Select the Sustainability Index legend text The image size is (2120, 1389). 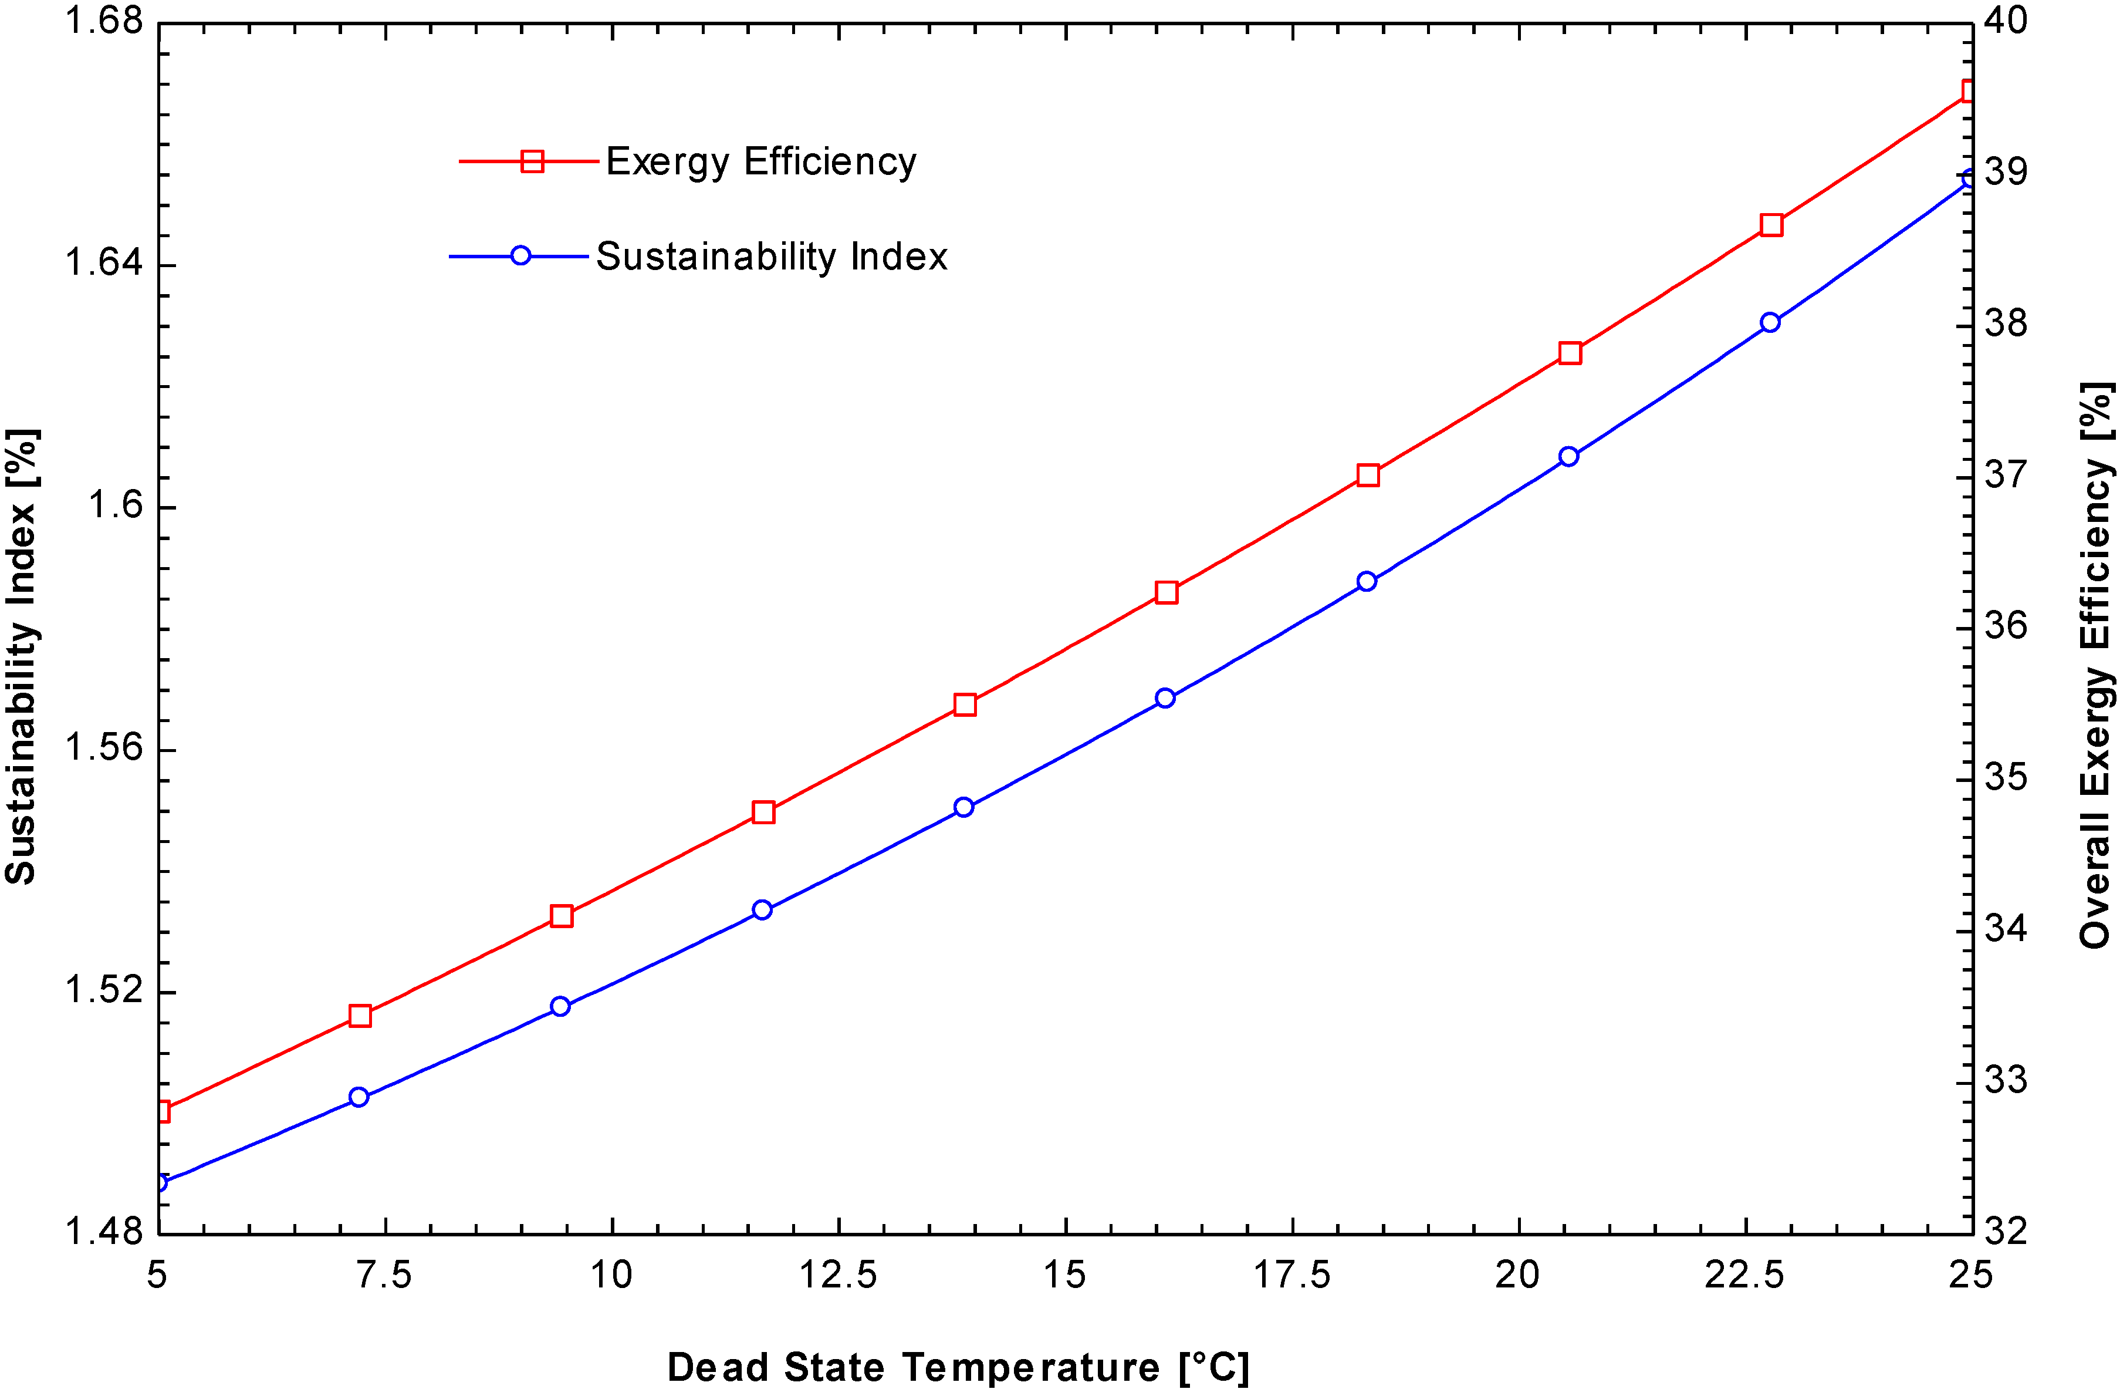(x=772, y=257)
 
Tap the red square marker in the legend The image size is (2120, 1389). (x=532, y=161)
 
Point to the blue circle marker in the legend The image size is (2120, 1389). (x=521, y=257)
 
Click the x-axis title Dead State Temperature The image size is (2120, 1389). (x=958, y=1367)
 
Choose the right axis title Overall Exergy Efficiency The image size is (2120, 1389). (x=2095, y=666)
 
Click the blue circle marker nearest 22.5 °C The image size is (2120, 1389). (x=1770, y=322)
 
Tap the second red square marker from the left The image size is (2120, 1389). (x=360, y=1016)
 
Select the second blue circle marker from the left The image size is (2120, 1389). (x=359, y=1097)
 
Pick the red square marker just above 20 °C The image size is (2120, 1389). (x=1570, y=353)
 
